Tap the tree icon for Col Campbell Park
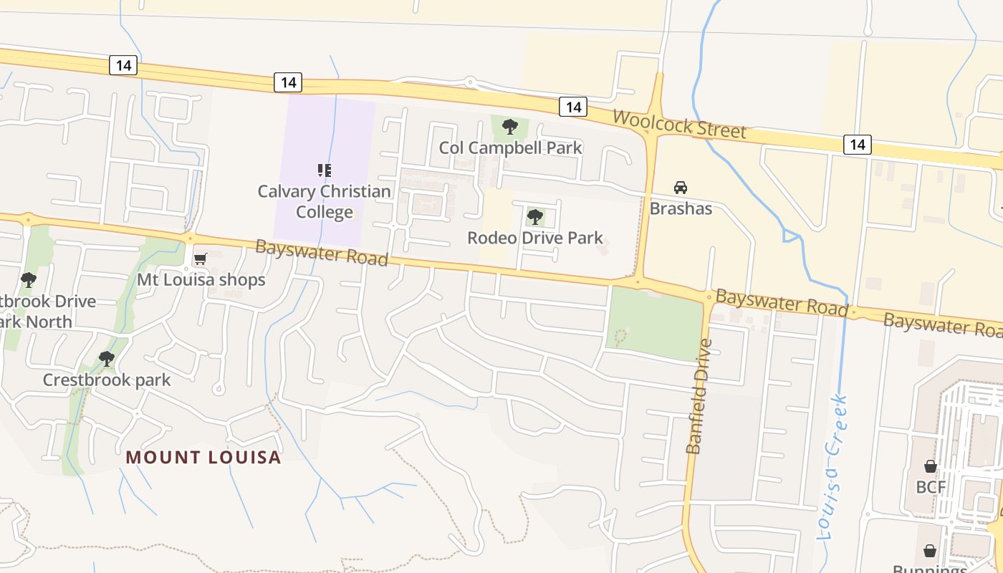[x=510, y=127]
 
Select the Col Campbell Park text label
[x=510, y=148]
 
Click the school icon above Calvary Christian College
[x=325, y=170]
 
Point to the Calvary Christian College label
[x=325, y=202]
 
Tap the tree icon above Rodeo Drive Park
[x=534, y=217]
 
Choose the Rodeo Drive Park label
[x=534, y=238]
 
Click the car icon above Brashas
[x=681, y=188]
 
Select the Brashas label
[x=681, y=208]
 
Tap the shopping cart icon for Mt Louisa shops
[x=201, y=259]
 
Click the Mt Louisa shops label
[x=201, y=280]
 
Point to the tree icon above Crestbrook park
[x=107, y=358]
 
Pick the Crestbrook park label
[x=107, y=380]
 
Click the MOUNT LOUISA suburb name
[x=203, y=457]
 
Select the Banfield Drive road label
[x=699, y=396]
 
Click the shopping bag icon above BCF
[x=930, y=466]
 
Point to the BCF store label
[x=931, y=487]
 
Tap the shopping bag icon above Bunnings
[x=929, y=551]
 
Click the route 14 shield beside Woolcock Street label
[x=572, y=107]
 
